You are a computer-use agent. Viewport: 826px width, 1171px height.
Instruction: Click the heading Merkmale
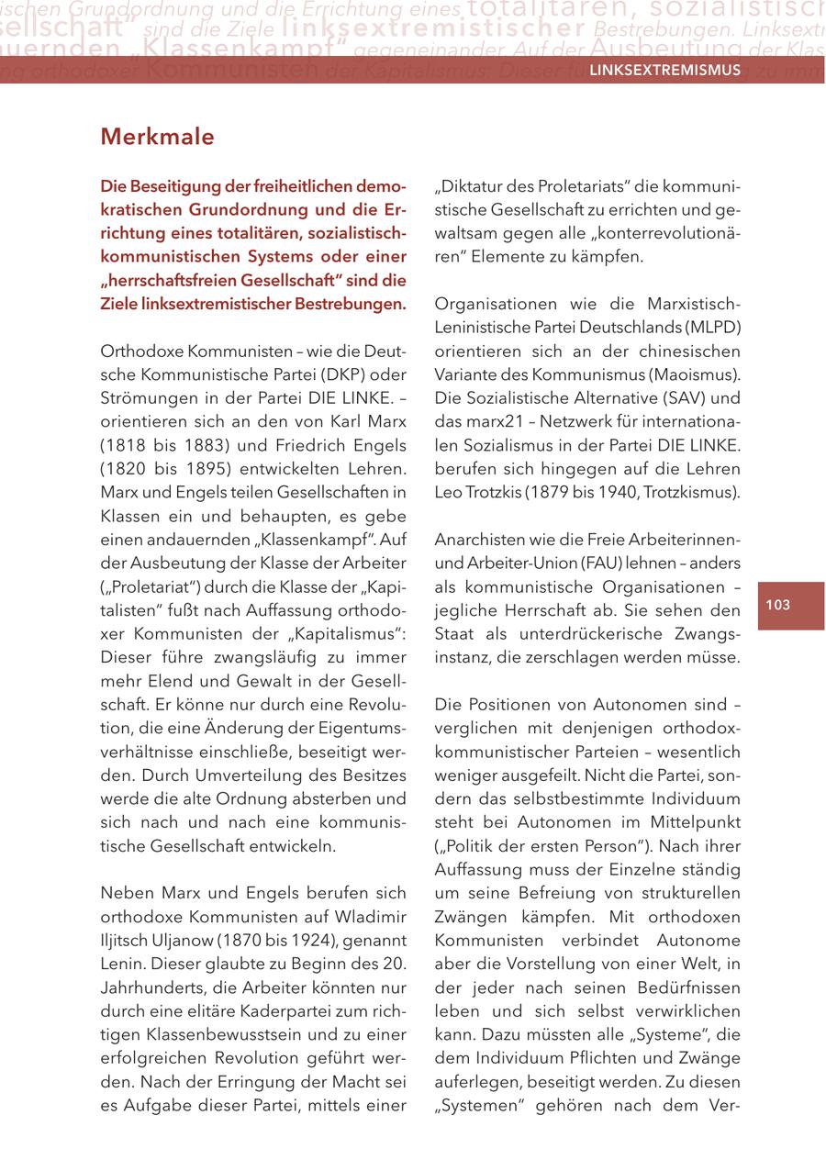click(x=157, y=138)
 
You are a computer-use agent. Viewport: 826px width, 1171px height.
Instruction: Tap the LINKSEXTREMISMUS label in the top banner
click(x=664, y=71)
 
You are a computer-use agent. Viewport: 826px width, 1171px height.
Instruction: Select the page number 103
click(x=777, y=605)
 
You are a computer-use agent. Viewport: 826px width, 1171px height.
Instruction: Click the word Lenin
click(x=120, y=963)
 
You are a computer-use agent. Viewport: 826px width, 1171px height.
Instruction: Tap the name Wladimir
click(x=372, y=916)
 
